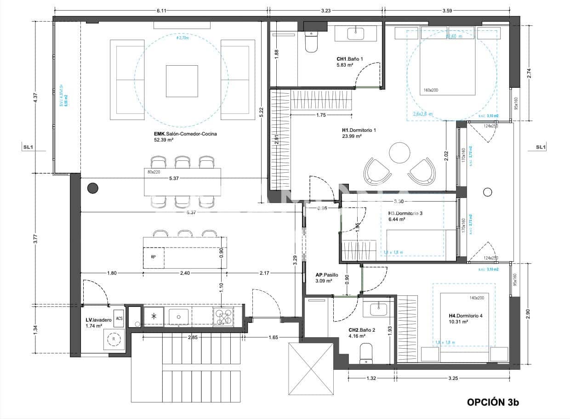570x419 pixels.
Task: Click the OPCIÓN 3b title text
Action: click(493, 402)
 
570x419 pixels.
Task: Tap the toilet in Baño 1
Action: click(311, 42)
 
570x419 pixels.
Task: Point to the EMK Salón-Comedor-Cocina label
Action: click(185, 137)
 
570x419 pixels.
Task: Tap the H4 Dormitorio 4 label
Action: click(458, 319)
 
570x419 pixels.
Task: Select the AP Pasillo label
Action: click(326, 278)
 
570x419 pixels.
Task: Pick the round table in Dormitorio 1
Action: click(399, 153)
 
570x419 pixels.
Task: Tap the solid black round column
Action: click(93, 187)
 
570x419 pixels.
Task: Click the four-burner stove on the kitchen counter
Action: click(224, 317)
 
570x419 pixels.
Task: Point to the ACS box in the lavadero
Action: click(119, 318)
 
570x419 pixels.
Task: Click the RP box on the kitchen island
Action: click(153, 257)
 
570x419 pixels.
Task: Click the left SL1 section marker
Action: click(28, 148)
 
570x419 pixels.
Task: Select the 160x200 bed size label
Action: click(431, 90)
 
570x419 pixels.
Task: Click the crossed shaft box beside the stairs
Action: click(310, 369)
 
